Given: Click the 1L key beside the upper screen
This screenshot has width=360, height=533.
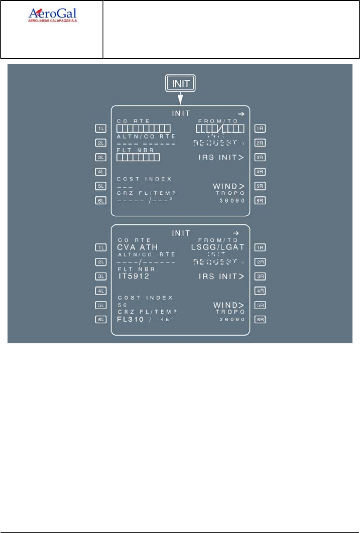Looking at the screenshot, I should (101, 128).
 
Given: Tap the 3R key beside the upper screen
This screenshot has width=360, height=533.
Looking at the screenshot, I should (260, 157).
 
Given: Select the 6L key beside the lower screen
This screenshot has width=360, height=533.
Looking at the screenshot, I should (101, 320).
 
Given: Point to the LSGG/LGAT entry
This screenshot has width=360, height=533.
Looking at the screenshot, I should (218, 247).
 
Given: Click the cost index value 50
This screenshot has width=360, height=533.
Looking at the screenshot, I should (122, 305).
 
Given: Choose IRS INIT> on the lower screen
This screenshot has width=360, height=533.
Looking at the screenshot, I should (221, 276).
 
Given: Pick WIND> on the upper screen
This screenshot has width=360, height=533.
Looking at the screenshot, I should (228, 186).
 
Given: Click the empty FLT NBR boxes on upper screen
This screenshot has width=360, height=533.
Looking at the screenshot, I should (138, 158).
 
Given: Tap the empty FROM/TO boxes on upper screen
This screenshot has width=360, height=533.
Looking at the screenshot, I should (220, 129).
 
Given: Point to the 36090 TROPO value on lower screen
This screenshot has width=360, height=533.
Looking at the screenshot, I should (232, 319).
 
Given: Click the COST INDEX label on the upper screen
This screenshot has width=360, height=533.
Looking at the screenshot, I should (144, 179).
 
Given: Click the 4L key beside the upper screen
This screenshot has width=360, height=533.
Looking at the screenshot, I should (101, 172).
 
